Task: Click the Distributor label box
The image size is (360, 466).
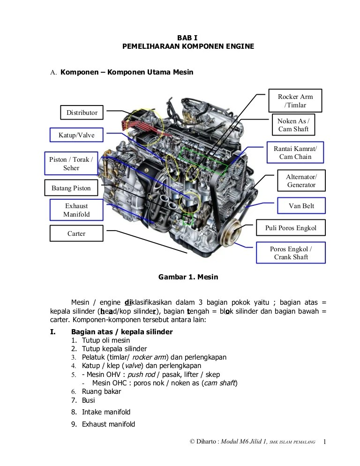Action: coord(82,113)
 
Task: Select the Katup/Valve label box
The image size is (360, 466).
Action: coord(76,135)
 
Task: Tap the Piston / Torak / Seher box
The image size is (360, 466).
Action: coord(71,164)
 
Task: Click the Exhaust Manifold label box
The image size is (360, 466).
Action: coord(76,210)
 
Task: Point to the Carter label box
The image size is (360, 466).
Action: coord(76,233)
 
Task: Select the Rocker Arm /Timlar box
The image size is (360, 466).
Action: coord(295,101)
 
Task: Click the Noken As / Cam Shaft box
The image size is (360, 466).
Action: coord(293,125)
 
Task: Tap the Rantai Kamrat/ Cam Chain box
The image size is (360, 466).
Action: coord(295,153)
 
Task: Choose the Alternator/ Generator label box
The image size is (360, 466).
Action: coord(301,181)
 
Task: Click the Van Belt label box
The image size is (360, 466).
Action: coord(301,206)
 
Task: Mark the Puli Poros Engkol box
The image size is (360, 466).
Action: coord(291,228)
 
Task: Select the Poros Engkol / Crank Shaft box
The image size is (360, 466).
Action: coord(291,253)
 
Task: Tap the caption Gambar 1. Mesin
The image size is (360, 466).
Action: coord(188,277)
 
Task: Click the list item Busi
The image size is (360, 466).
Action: coord(88,400)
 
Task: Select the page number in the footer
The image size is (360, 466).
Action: coord(325,442)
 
